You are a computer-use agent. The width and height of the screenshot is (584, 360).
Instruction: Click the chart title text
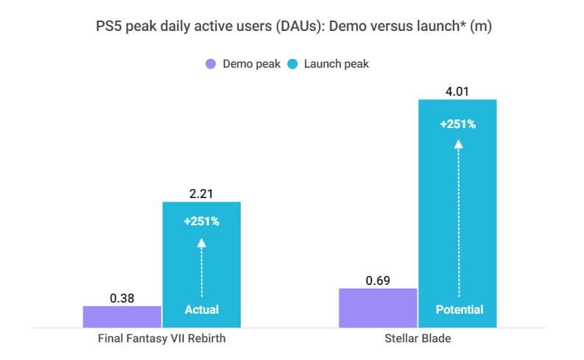point(292,27)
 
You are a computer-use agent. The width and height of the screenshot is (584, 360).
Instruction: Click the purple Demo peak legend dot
point(211,64)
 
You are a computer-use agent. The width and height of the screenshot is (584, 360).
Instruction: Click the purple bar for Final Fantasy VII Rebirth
point(122,317)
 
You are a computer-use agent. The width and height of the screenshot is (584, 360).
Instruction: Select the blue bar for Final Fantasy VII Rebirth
point(202,265)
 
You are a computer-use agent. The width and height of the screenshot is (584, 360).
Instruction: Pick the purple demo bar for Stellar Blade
point(378,308)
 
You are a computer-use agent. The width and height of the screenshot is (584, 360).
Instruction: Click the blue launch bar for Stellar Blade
point(457,213)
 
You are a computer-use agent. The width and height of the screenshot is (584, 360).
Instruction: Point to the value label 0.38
point(122,298)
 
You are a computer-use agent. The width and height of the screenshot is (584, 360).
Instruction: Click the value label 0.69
point(378,280)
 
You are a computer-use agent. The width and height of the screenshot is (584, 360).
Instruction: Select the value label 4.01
point(457,92)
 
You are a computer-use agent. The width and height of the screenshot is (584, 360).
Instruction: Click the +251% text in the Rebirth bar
point(202,221)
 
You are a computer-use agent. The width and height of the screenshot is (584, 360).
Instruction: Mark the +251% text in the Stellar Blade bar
point(457,124)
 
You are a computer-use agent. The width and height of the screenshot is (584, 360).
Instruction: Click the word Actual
point(202,309)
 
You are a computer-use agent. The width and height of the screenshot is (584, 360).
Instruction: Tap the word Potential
point(458,309)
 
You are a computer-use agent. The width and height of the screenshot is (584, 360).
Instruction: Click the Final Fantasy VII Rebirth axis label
point(161,340)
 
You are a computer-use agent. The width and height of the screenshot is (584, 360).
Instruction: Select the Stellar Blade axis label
point(418,340)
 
